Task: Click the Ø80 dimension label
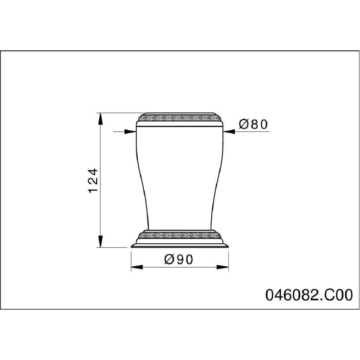click(253, 124)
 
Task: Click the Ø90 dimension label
click(179, 260)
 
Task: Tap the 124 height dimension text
click(93, 181)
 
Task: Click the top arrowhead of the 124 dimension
click(100, 119)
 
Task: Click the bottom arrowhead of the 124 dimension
click(100, 241)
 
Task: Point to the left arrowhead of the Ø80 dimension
click(130, 132)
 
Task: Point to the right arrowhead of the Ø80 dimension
click(229, 132)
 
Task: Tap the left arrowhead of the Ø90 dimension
click(137, 267)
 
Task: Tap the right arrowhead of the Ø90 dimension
click(222, 267)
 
